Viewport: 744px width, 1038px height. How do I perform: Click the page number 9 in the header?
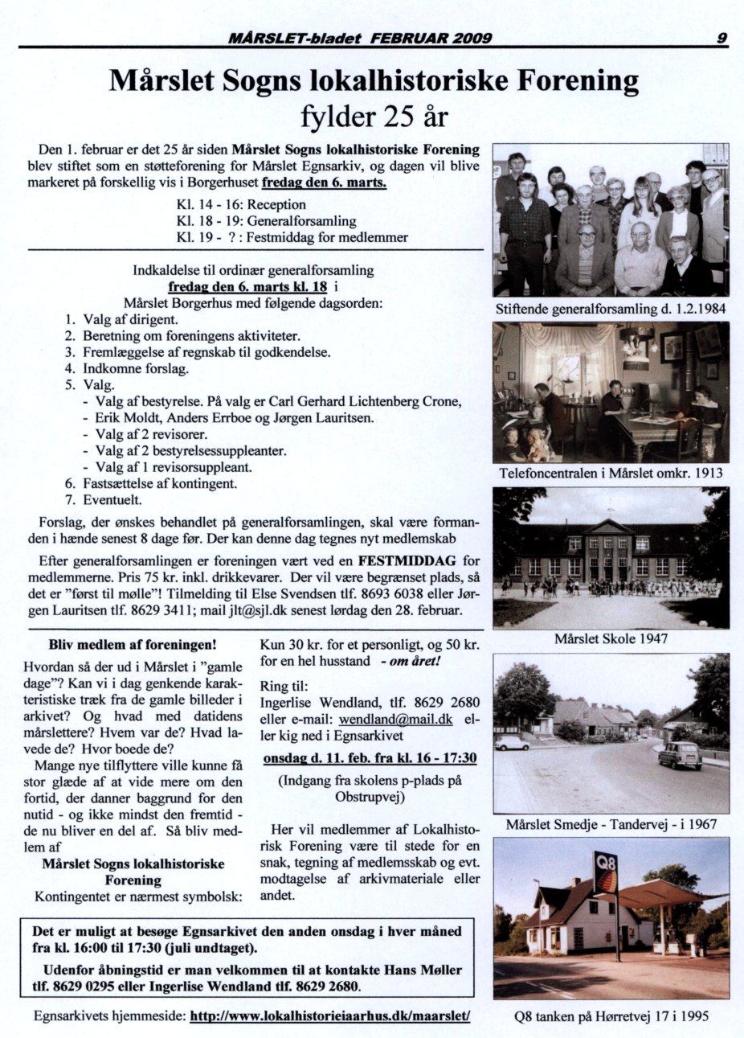pyautogui.click(x=722, y=36)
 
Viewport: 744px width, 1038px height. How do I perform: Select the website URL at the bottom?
pyautogui.click(x=329, y=1015)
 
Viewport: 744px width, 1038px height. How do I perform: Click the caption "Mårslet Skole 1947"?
pyautogui.click(x=611, y=639)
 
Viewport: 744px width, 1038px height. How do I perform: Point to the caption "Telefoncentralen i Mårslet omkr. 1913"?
pyautogui.click(x=611, y=473)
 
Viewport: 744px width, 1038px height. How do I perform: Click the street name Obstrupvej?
pyautogui.click(x=370, y=797)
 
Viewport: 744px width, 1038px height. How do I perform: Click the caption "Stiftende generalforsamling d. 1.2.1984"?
pyautogui.click(x=611, y=309)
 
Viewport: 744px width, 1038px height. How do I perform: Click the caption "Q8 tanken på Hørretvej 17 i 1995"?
pyautogui.click(x=611, y=1015)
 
